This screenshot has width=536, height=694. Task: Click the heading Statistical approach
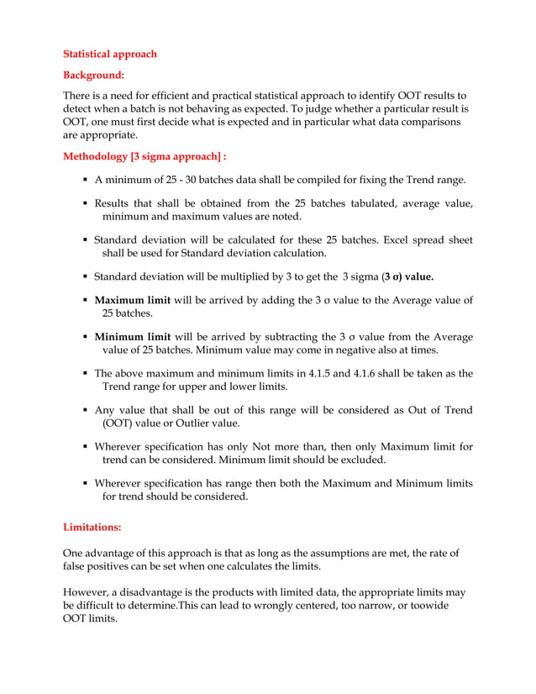pos(110,54)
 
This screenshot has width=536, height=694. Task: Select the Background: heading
pos(94,75)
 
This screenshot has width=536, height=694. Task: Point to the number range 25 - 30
pos(197,180)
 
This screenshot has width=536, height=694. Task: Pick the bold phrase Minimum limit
pos(131,337)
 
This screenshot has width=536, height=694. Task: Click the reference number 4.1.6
pos(357,374)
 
